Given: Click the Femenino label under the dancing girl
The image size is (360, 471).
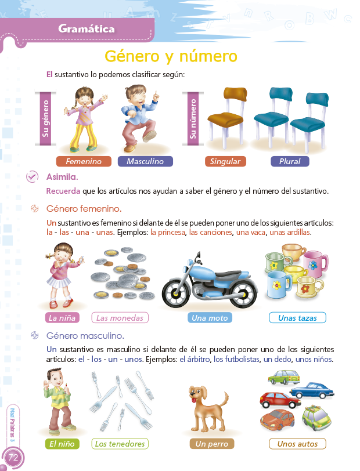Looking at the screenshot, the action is point(84,161).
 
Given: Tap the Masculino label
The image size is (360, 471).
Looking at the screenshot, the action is point(145,161).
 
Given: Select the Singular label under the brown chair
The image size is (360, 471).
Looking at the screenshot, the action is point(225,161).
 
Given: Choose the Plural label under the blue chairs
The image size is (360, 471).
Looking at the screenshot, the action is point(290,161).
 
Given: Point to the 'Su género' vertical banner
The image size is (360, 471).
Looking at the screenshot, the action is point(46,119).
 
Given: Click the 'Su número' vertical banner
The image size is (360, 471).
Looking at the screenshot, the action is point(193,119).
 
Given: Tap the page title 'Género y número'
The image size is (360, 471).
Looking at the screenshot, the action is point(171,56).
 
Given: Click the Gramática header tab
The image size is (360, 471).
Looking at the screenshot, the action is point(87,29).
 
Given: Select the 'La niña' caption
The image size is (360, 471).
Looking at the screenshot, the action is point(62,318).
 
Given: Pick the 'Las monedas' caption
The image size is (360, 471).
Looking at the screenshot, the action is point(120,318).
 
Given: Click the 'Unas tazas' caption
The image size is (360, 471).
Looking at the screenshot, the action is point(297,318).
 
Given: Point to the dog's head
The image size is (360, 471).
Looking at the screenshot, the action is point(198,393).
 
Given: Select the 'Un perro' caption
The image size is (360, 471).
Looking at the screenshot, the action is point(212,444).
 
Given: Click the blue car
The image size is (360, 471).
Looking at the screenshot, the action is point(312,390).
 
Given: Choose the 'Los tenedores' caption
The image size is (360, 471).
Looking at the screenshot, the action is point(120,444).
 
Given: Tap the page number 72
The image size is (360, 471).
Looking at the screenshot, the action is point(13,458).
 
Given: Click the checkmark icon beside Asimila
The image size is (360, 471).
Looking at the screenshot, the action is point(32,176).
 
